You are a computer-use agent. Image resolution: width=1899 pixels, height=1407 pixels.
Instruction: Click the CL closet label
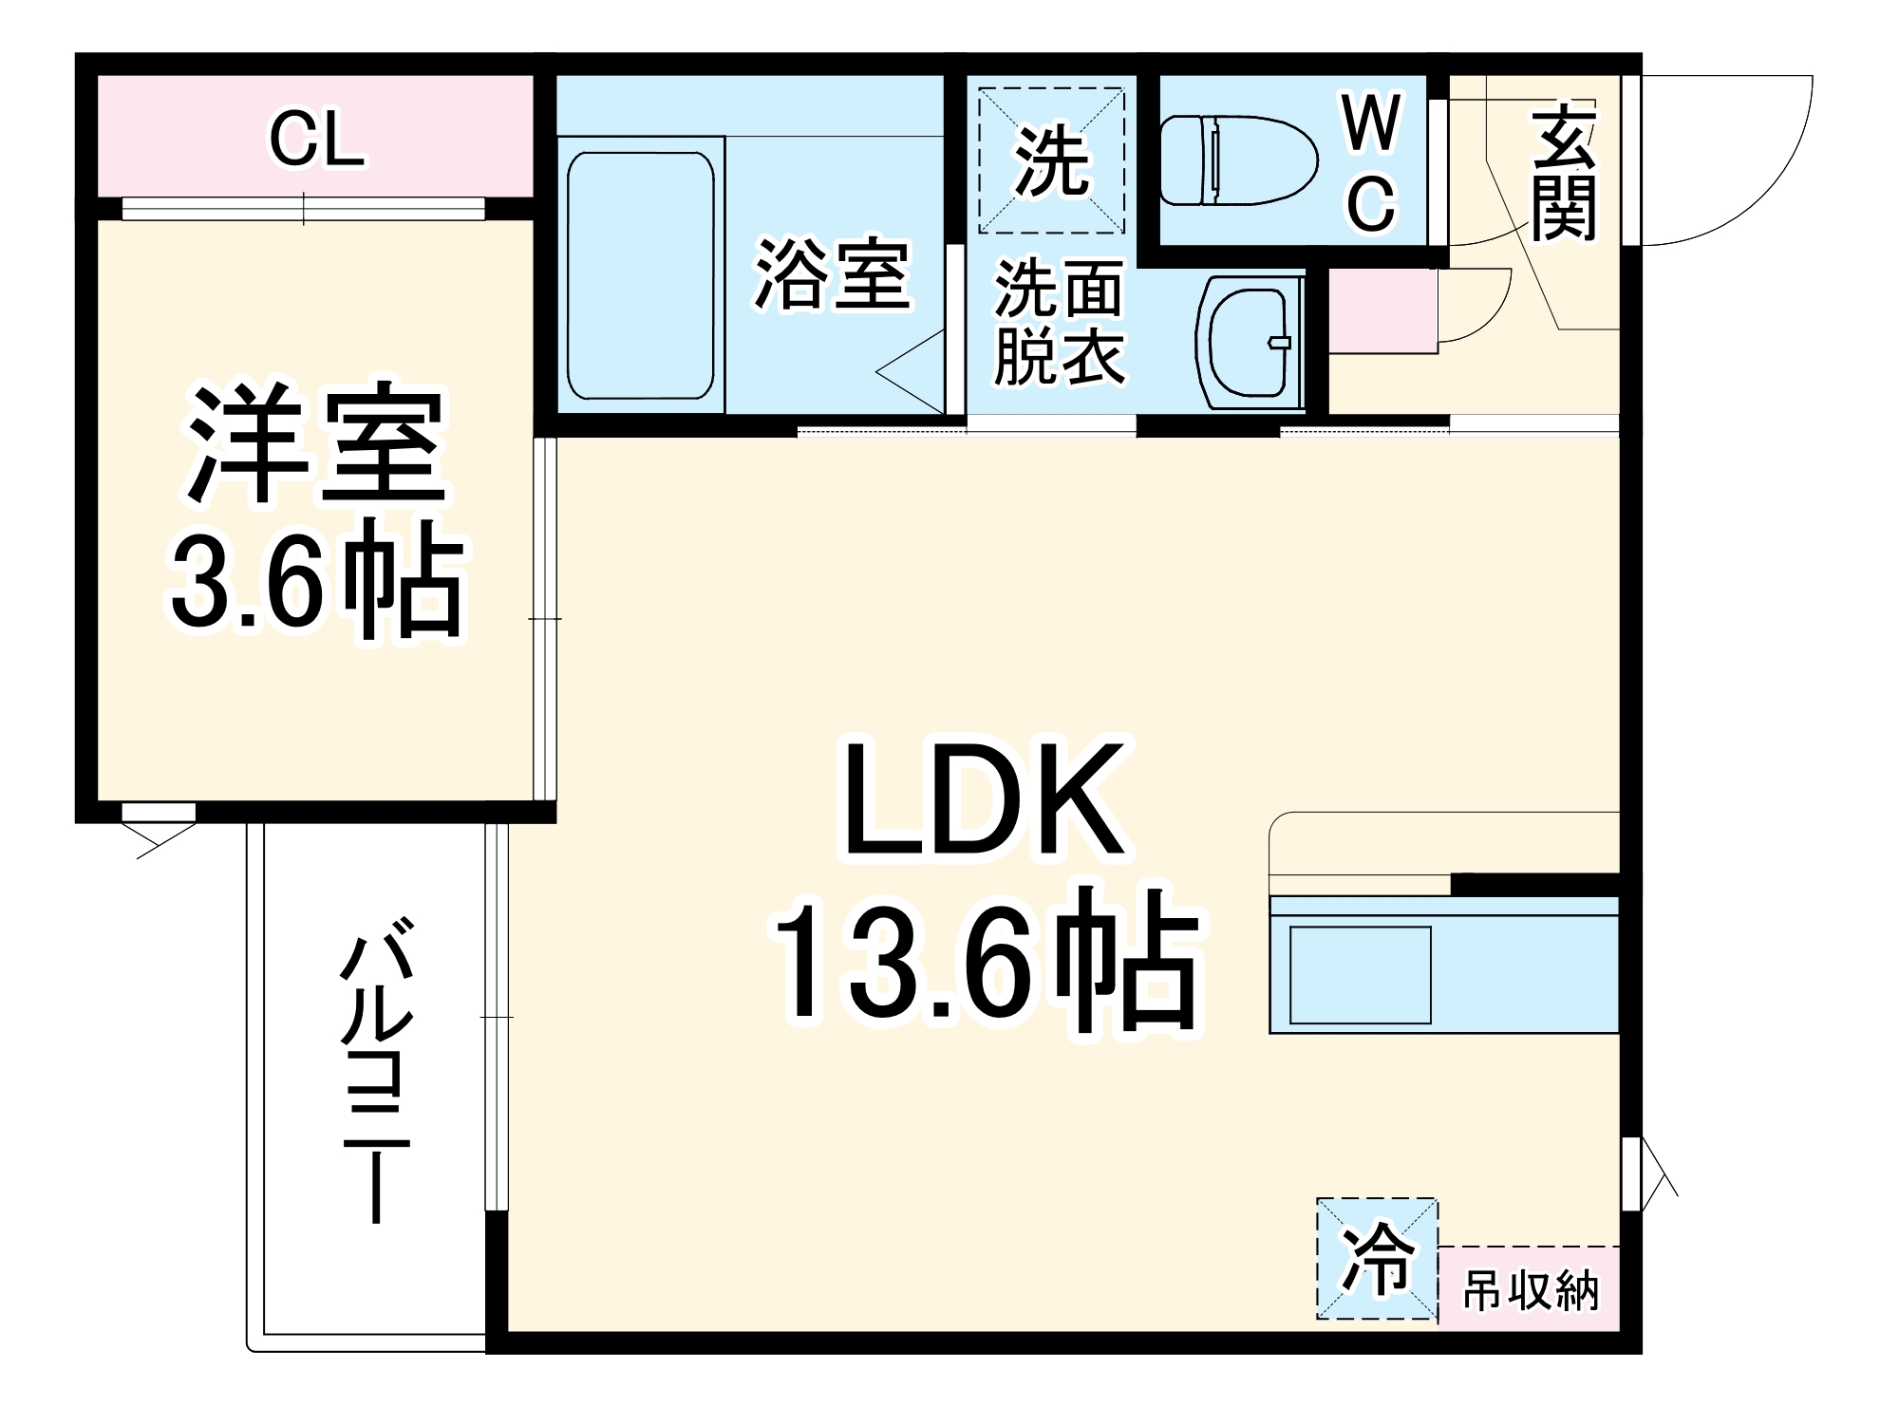316,141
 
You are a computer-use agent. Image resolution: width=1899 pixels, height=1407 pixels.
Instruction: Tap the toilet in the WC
1238,160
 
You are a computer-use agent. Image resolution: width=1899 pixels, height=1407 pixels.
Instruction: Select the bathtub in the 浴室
640,275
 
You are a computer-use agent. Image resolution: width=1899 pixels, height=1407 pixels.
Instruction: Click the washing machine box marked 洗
1051,160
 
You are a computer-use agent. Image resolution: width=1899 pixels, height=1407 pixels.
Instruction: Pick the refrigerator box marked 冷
1377,1258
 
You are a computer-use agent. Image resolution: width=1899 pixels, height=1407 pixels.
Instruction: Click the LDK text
985,802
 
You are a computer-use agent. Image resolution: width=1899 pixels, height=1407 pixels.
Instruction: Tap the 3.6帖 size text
316,581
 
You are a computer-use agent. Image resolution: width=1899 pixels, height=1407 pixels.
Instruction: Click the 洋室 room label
316,444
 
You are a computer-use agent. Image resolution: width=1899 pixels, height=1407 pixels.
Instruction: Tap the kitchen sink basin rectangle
1360,975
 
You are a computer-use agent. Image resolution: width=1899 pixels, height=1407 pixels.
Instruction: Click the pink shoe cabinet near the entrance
1382,311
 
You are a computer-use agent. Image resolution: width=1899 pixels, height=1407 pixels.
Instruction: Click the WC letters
1372,163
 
